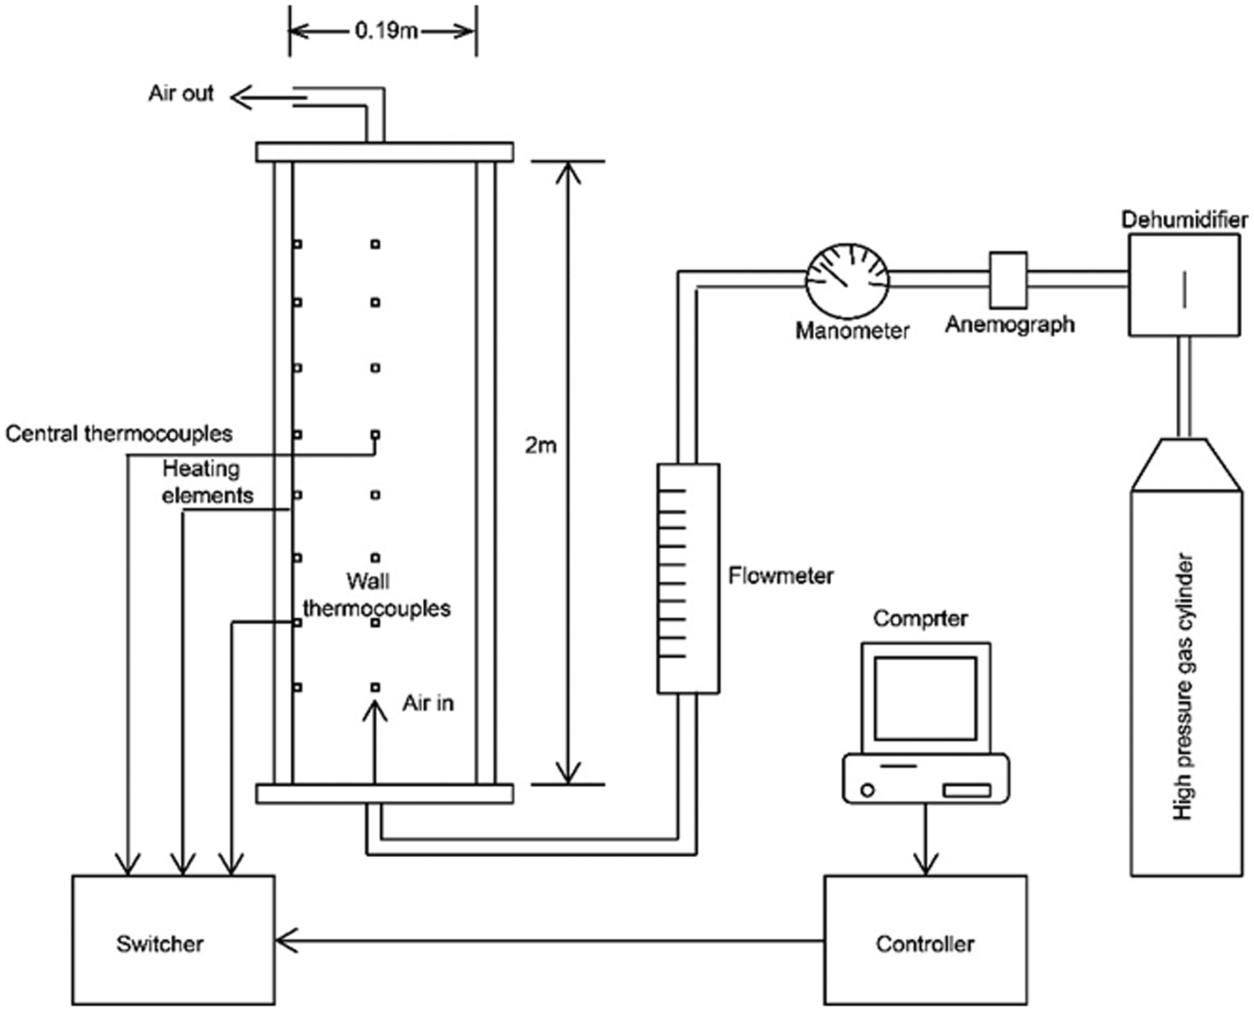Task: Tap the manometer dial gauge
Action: pos(847,281)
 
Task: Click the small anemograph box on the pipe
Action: pos(1009,279)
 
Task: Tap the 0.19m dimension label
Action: pos(386,30)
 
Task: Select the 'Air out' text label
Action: pos(181,93)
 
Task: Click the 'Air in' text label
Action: pos(428,703)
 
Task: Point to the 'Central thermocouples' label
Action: pos(119,434)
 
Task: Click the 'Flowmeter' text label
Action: pos(781,576)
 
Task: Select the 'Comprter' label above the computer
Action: pos(921,618)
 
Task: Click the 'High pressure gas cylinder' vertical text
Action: pos(1183,687)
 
